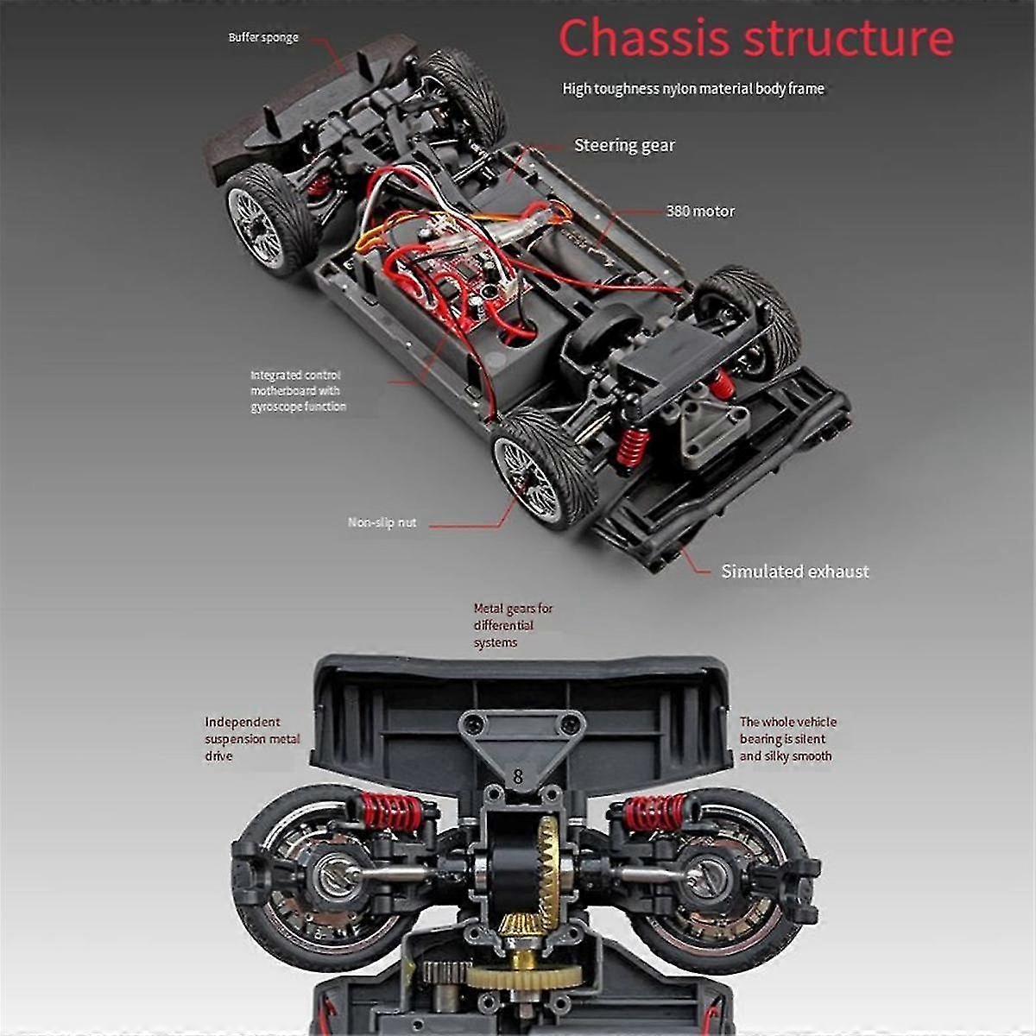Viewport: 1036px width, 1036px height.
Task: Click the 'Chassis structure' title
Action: (x=755, y=37)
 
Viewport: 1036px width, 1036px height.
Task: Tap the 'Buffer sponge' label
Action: (x=263, y=38)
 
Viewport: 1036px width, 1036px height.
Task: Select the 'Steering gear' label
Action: (x=624, y=146)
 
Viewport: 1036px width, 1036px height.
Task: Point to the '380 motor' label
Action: (x=700, y=212)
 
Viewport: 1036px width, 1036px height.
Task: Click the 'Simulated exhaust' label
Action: (x=795, y=572)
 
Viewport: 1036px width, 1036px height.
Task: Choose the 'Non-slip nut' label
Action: (x=382, y=522)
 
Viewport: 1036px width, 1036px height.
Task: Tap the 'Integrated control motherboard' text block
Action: (x=298, y=391)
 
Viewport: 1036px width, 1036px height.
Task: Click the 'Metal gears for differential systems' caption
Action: (x=513, y=625)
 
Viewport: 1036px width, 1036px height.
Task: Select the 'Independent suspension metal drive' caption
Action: (x=252, y=739)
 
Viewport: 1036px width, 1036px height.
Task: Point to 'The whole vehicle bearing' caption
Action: (x=787, y=739)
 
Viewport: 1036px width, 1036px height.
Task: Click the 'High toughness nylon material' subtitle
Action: (x=693, y=89)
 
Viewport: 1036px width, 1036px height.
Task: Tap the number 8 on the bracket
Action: (x=517, y=775)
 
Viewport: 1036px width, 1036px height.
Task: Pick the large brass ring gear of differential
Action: (x=549, y=863)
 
